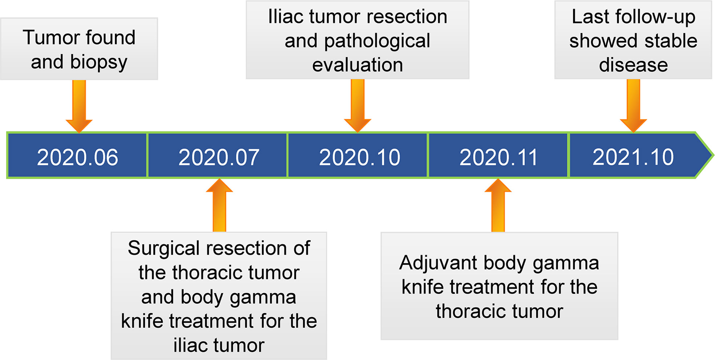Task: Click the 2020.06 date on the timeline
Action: tap(77, 157)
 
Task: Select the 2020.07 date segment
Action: tap(219, 157)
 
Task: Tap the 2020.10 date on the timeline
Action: tap(359, 157)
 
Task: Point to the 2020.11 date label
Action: tap(498, 157)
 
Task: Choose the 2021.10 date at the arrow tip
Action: tap(633, 157)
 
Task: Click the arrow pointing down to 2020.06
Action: tap(79, 106)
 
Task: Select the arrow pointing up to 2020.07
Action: tap(219, 205)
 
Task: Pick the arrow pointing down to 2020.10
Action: tap(358, 106)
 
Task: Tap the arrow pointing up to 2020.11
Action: tap(498, 205)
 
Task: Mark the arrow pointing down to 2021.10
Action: tap(633, 106)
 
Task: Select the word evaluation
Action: tap(358, 65)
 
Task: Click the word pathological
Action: tap(377, 41)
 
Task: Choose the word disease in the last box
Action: tap(633, 65)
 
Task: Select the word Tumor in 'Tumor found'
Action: tap(49, 37)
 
